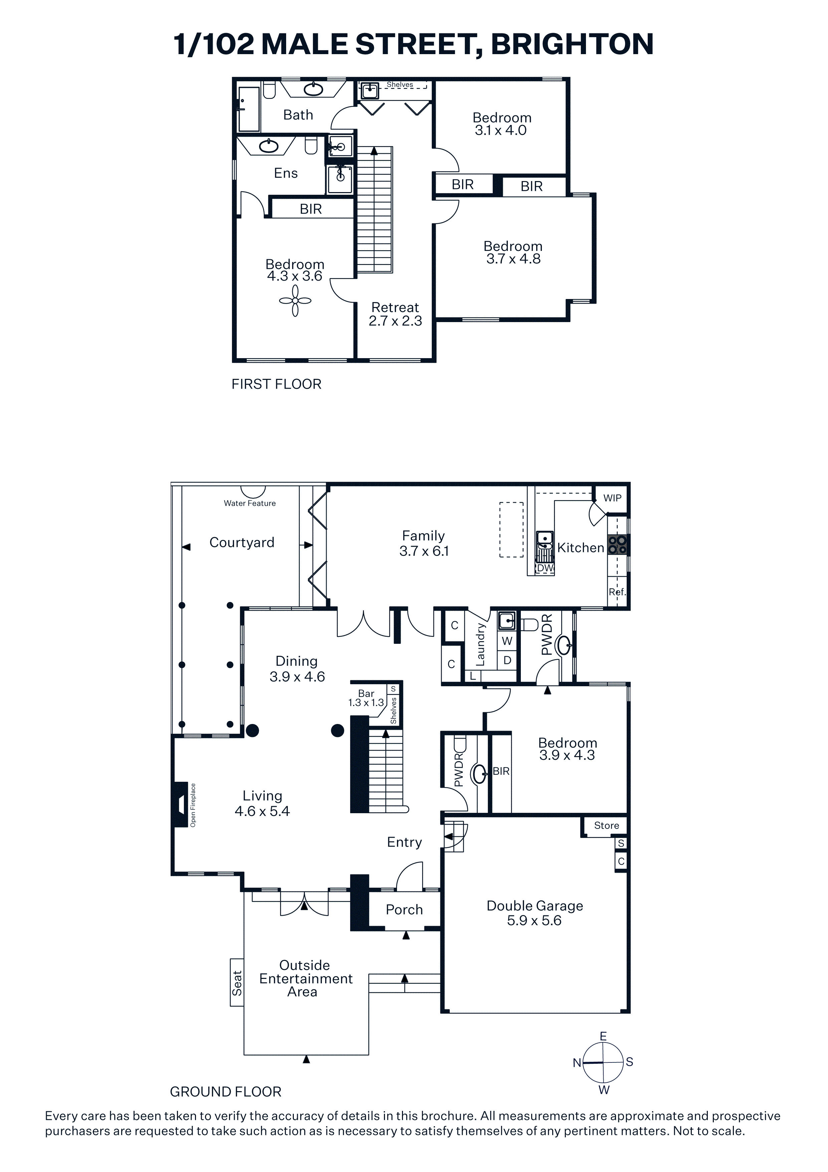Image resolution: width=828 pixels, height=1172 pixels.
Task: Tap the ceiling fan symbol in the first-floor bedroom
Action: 295,301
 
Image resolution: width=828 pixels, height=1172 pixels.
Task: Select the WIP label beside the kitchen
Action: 612,498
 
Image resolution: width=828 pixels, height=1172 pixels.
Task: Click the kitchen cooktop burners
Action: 618,545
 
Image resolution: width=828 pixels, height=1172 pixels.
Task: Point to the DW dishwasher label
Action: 545,568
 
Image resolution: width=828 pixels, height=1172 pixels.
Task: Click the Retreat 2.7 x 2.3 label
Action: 395,314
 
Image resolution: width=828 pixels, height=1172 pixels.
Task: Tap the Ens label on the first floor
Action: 286,173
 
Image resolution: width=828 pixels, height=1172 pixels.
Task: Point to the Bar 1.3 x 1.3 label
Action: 366,698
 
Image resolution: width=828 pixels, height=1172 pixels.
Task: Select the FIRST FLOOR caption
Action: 276,384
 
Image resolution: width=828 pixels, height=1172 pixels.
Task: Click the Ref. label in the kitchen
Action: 617,592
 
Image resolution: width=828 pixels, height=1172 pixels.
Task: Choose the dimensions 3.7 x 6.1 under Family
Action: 424,551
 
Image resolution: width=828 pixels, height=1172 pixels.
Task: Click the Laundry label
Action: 480,644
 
